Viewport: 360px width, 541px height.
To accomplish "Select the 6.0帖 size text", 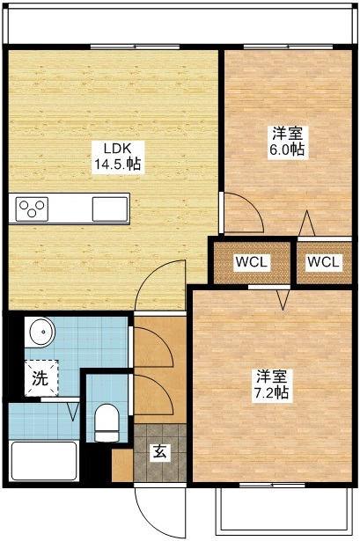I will [288, 150].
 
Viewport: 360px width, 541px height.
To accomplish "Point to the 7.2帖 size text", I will [271, 391].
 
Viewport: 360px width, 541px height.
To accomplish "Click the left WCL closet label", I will [251, 262].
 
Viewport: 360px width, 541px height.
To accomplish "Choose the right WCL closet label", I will [324, 262].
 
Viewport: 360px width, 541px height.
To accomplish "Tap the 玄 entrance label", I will [160, 452].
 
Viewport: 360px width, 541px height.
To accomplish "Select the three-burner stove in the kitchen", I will [33, 209].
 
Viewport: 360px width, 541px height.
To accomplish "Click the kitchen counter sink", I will [111, 209].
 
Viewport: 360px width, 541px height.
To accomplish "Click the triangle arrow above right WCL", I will [307, 223].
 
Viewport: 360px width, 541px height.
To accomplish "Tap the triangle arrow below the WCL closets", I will [283, 300].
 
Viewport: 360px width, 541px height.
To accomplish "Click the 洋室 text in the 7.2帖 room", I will [271, 376].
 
